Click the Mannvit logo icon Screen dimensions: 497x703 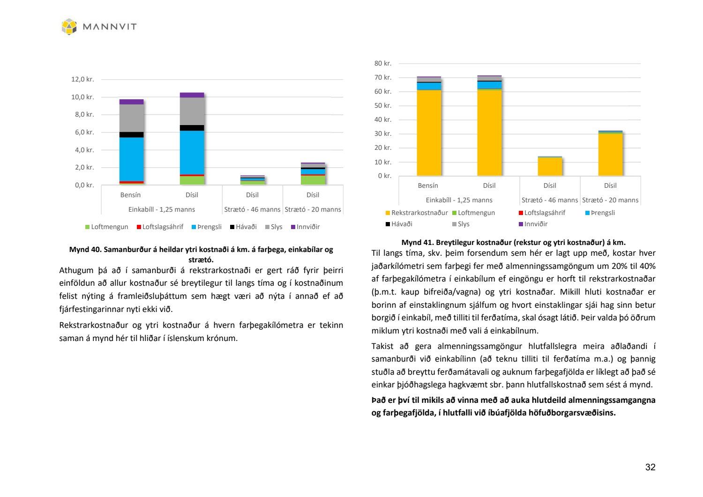[x=69, y=27]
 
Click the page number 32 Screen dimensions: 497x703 [x=650, y=467]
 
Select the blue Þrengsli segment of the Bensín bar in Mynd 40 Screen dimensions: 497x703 [x=132, y=159]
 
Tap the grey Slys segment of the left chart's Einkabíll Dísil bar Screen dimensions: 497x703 [x=192, y=111]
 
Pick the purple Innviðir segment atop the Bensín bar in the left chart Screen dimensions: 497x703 [x=132, y=102]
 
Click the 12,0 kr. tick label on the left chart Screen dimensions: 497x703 [x=82, y=79]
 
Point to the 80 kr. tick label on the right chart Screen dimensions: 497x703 [x=383, y=63]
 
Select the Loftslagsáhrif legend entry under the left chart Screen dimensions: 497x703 [x=160, y=227]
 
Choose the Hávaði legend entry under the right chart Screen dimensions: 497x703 [x=399, y=224]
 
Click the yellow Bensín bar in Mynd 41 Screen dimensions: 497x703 [x=429, y=133]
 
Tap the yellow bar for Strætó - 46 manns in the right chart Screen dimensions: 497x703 [x=550, y=167]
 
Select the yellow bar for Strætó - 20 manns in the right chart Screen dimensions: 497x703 [x=610, y=155]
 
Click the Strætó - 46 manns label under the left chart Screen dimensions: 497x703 [x=252, y=209]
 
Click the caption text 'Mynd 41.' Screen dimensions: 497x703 [x=417, y=242]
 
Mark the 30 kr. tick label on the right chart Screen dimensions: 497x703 [x=383, y=134]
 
